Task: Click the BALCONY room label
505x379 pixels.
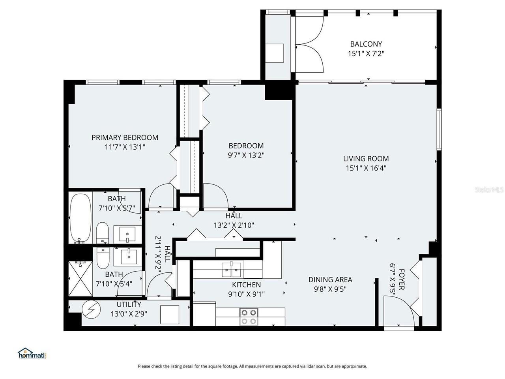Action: [366, 44]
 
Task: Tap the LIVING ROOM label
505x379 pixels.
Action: [366, 159]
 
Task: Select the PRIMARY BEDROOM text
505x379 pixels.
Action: [125, 137]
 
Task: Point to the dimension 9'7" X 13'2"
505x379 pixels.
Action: [246, 155]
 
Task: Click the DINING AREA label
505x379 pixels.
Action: [330, 280]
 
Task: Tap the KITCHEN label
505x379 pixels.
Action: [246, 285]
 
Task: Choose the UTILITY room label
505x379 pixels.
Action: [129, 304]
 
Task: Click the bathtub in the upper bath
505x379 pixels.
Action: [80, 218]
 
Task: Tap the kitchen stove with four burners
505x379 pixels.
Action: [249, 317]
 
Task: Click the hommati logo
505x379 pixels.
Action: [32, 353]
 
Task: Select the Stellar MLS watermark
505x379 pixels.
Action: [489, 190]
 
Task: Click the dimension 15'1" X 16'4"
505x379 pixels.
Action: [366, 168]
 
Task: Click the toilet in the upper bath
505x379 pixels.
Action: [103, 233]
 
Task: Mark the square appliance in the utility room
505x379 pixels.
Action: [170, 314]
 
